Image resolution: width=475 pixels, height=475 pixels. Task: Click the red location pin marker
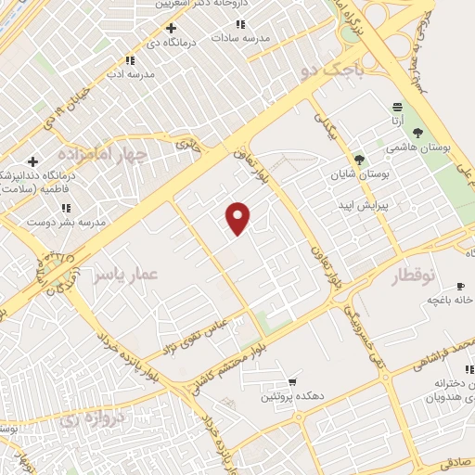238,217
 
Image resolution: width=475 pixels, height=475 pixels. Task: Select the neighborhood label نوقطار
419,276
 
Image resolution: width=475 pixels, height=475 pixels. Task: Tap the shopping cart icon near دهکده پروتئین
293,381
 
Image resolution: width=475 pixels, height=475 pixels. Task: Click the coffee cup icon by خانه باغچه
460,285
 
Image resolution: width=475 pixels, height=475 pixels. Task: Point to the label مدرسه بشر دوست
66,223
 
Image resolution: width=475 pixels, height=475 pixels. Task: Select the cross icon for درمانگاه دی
170,28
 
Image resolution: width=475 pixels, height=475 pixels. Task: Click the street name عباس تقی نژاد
212,337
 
